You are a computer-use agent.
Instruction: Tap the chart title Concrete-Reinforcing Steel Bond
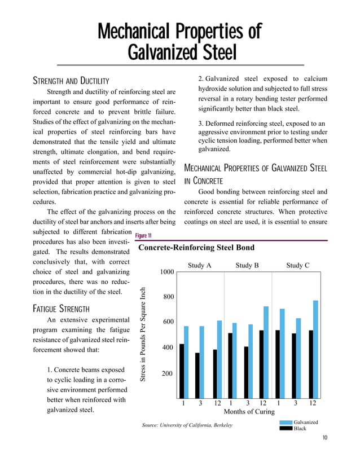tap(196, 248)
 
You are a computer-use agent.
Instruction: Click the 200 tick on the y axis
tap(168, 373)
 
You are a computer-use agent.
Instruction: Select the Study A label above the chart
tap(199, 265)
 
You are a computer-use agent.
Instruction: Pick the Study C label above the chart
tap(297, 265)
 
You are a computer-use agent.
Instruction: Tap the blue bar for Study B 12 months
tap(266, 352)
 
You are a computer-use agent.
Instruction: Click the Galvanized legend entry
tap(305, 422)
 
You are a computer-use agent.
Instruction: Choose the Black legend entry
tap(300, 429)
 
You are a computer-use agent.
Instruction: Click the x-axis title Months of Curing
tap(248, 412)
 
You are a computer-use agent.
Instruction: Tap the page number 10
tap(326, 438)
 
